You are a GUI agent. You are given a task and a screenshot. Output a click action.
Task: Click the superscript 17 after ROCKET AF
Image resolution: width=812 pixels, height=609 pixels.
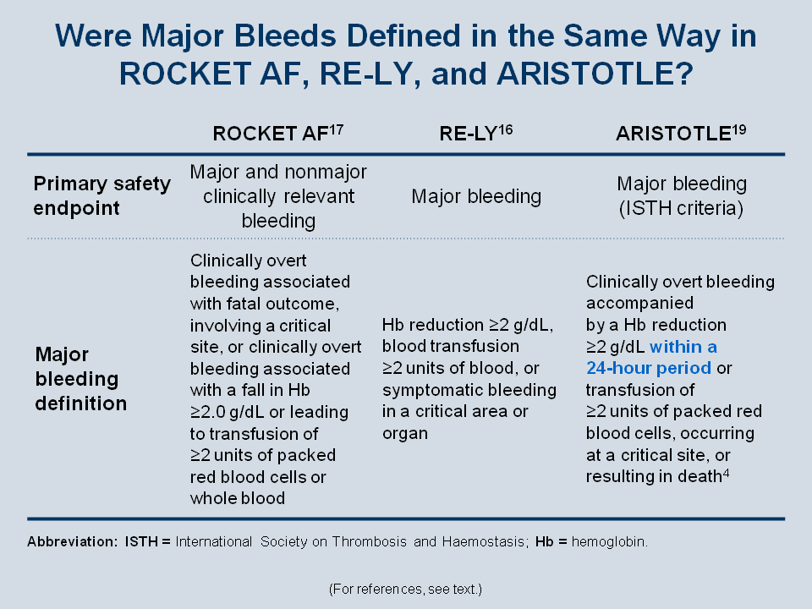(336, 129)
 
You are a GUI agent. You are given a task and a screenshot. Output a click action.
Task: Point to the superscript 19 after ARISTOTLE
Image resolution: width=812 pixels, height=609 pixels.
(739, 129)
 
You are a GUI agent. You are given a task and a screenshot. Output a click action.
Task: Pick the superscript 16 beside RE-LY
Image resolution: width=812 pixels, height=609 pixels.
(506, 129)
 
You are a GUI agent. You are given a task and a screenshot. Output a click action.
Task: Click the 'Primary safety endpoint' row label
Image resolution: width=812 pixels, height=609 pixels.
(102, 195)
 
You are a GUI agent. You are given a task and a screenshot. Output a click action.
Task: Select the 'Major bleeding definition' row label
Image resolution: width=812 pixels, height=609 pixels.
(81, 379)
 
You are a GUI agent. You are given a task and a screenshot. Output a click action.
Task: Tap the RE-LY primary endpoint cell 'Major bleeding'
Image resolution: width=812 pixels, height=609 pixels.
(476, 197)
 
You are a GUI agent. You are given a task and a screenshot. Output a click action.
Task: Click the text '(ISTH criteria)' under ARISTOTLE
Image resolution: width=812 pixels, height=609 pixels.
(681, 208)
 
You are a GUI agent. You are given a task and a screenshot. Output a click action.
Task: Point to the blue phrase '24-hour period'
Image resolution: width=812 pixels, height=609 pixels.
(649, 368)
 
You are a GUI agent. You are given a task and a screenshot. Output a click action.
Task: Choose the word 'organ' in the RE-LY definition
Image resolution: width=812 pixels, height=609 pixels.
(405, 433)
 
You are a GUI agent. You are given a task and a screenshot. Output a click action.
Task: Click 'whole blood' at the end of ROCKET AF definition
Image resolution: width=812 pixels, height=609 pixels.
(238, 498)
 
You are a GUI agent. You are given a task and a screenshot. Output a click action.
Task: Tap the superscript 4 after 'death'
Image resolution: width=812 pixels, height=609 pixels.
(726, 472)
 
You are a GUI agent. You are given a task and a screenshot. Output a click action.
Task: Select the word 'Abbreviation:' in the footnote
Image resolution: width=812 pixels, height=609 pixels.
(73, 541)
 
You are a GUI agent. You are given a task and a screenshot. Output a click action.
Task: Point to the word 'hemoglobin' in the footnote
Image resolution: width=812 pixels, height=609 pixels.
(608, 541)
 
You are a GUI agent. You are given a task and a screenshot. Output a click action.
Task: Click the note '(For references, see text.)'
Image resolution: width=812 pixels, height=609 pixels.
(405, 590)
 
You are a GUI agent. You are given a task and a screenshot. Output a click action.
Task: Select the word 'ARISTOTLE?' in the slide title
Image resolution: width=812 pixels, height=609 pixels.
(595, 74)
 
